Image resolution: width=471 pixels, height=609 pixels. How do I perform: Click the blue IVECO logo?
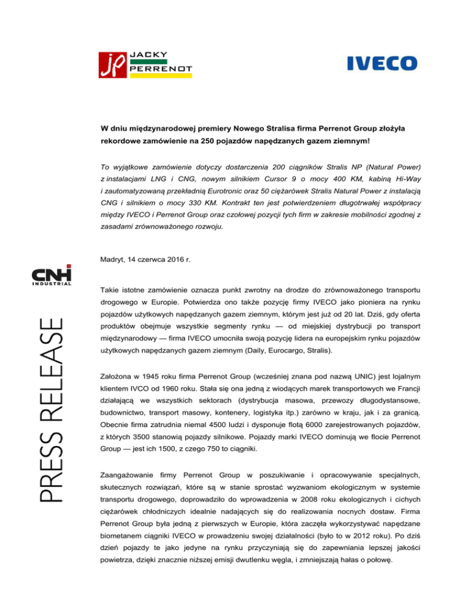[382, 63]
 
